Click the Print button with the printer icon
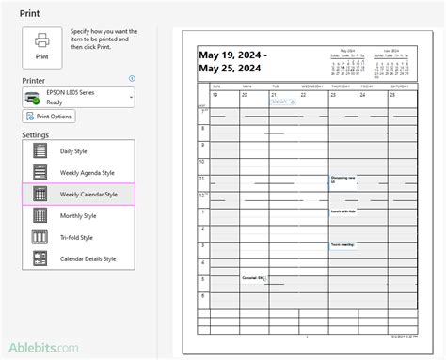(42, 45)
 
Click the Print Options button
(48, 117)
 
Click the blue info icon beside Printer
(132, 80)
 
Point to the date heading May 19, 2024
(232, 55)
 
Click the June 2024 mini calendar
(393, 61)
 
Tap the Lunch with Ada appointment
(344, 211)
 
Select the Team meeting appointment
(342, 244)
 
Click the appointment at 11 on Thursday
(343, 180)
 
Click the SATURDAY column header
(400, 86)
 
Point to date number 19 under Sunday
(215, 95)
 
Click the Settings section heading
(35, 135)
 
